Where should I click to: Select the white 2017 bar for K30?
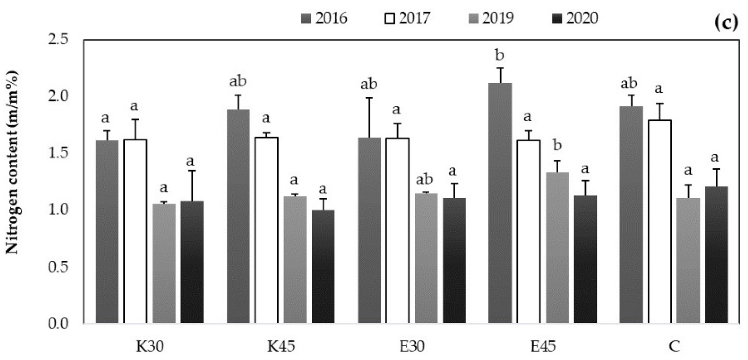pyautogui.click(x=135, y=230)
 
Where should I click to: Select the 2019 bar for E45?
pyautogui.click(x=557, y=247)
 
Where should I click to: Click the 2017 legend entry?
pyautogui.click(x=408, y=18)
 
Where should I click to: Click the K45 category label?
pyautogui.click(x=281, y=346)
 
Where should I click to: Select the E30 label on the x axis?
pyautogui.click(x=412, y=346)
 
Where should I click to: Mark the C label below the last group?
pyautogui.click(x=674, y=346)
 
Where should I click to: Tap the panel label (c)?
pyautogui.click(x=726, y=22)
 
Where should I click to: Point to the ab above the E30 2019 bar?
pyautogui.click(x=424, y=180)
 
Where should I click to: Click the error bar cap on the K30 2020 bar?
pyautogui.click(x=192, y=171)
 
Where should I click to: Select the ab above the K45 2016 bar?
pyautogui.click(x=237, y=81)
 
